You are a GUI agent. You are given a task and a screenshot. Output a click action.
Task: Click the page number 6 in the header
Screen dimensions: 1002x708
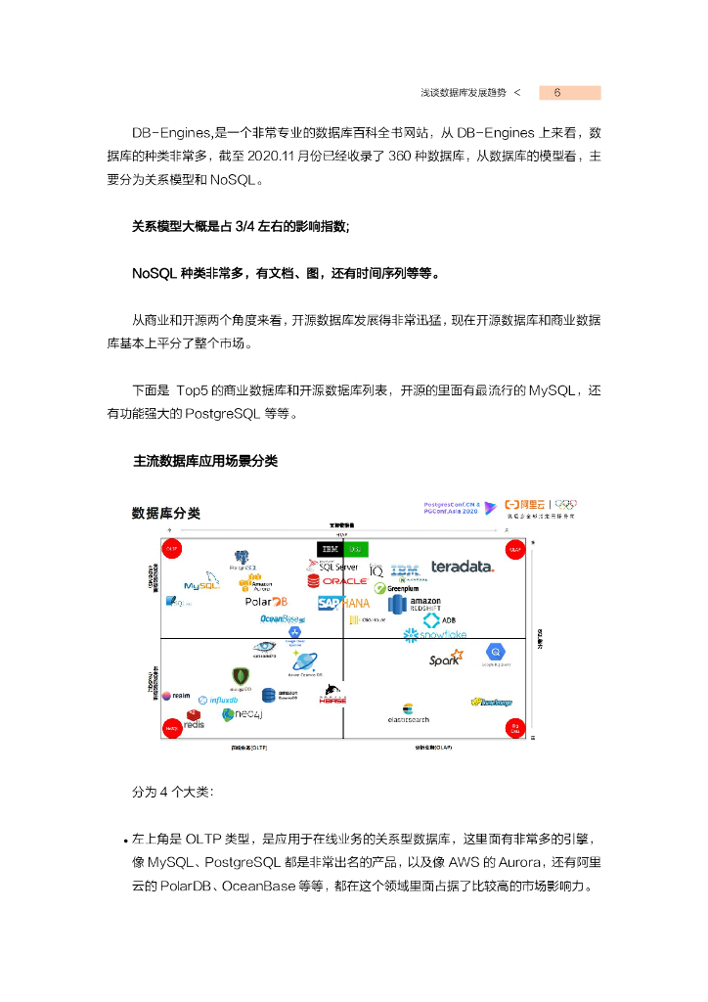pos(556,93)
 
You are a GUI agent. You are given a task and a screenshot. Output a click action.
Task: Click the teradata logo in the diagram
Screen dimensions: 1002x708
pos(463,567)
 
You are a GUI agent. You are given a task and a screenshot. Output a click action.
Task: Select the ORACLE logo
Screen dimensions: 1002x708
pos(337,581)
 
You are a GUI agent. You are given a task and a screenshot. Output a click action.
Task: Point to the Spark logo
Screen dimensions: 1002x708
pos(446,659)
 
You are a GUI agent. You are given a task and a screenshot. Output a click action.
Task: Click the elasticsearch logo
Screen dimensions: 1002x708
pos(408,713)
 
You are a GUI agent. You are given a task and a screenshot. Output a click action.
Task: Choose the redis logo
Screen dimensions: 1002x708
pos(194,721)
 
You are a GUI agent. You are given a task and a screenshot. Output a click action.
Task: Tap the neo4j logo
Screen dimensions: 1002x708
pos(241,715)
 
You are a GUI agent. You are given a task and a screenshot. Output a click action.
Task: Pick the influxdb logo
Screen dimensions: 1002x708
pos(217,700)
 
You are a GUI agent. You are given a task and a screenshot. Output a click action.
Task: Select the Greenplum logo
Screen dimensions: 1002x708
pos(396,588)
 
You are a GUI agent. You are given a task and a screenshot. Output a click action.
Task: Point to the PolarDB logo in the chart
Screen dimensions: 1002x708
pos(266,602)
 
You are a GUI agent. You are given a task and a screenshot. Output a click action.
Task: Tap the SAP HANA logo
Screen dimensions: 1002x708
pos(343,604)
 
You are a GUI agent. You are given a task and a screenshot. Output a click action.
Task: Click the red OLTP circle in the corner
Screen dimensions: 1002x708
pos(171,550)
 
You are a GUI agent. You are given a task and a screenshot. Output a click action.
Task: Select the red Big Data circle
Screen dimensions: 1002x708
pos(514,727)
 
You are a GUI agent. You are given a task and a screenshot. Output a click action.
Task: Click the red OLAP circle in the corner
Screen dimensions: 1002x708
pos(514,550)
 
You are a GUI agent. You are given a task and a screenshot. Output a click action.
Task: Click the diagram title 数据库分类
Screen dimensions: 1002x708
pos(165,513)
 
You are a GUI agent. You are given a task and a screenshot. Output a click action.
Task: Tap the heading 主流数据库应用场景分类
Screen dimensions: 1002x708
pos(205,460)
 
